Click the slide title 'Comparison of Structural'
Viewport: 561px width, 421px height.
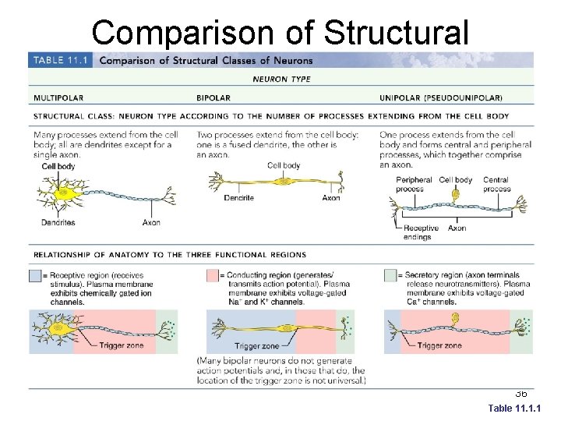(280, 33)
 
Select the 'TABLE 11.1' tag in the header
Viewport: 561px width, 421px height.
(60, 60)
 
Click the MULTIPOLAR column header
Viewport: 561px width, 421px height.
(58, 98)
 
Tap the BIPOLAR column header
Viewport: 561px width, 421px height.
(214, 98)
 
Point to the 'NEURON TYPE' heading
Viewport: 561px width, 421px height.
(281, 79)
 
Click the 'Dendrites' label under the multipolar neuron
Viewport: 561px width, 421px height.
(58, 222)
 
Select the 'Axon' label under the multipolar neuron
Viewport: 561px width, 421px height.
(151, 222)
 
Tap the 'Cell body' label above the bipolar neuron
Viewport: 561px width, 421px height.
(284, 165)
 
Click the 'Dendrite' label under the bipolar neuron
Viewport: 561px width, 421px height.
(238, 198)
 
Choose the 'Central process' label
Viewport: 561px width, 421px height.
(496, 184)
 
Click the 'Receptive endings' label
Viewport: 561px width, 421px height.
(421, 232)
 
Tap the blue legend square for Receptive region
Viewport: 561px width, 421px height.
(35, 276)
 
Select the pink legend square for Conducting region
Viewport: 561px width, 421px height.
(212, 276)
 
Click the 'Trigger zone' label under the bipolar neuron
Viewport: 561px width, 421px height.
(256, 346)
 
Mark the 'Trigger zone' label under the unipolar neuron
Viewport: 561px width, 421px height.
(440, 346)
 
